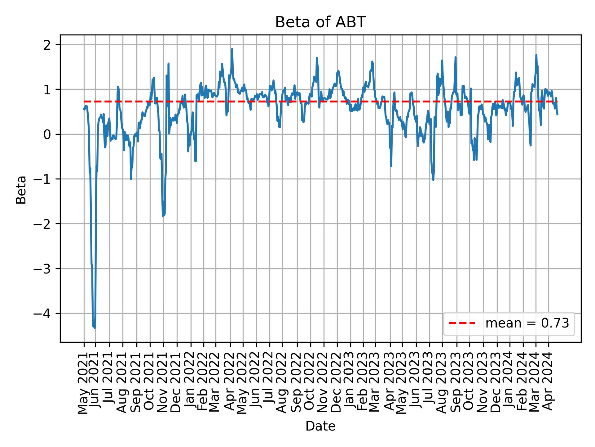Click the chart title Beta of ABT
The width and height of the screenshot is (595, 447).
pos(320,22)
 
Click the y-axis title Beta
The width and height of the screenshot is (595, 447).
pos(21,190)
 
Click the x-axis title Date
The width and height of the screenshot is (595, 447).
pos(320,426)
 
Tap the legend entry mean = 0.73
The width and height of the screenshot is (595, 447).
pos(527,323)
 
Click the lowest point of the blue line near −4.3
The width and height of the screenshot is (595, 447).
pos(95,327)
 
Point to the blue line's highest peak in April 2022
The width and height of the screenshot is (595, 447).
pos(232,49)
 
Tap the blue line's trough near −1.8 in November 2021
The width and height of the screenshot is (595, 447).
pos(163,215)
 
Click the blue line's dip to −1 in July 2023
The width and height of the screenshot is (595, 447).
pos(433,179)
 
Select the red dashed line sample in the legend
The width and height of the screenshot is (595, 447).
pos(462,323)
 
